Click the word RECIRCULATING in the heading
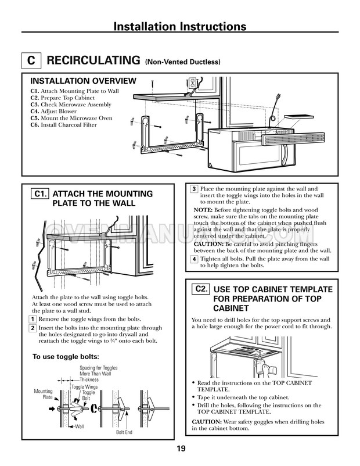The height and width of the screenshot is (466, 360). click(x=93, y=60)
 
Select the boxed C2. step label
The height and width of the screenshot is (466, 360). click(x=201, y=289)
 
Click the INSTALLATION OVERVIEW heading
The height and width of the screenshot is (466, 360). click(x=83, y=81)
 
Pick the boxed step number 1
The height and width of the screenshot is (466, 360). click(x=34, y=319)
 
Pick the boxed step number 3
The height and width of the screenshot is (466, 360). click(x=194, y=189)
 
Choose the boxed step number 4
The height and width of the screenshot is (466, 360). click(x=194, y=259)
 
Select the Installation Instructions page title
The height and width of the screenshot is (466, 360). click(x=179, y=27)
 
